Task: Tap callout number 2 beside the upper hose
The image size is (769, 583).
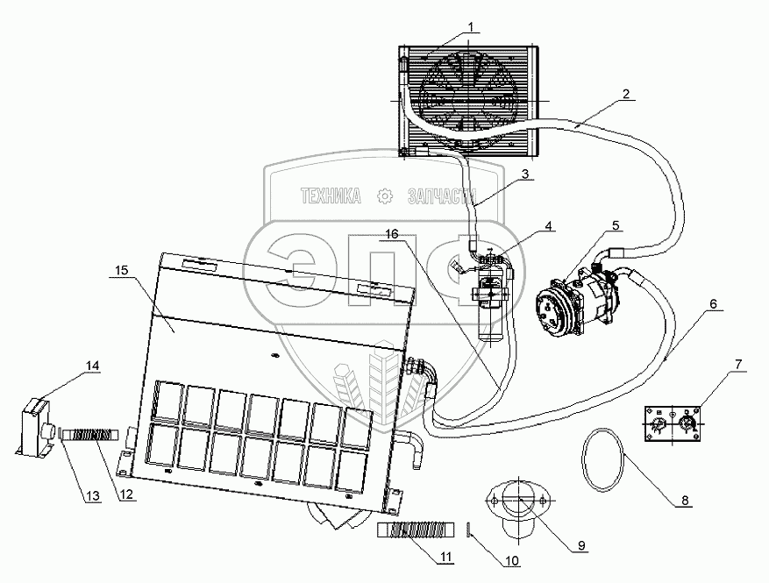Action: (x=626, y=93)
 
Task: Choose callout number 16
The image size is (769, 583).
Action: (x=392, y=234)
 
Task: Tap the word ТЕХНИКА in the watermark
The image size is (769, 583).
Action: (x=331, y=196)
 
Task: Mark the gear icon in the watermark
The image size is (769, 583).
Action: (x=383, y=196)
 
